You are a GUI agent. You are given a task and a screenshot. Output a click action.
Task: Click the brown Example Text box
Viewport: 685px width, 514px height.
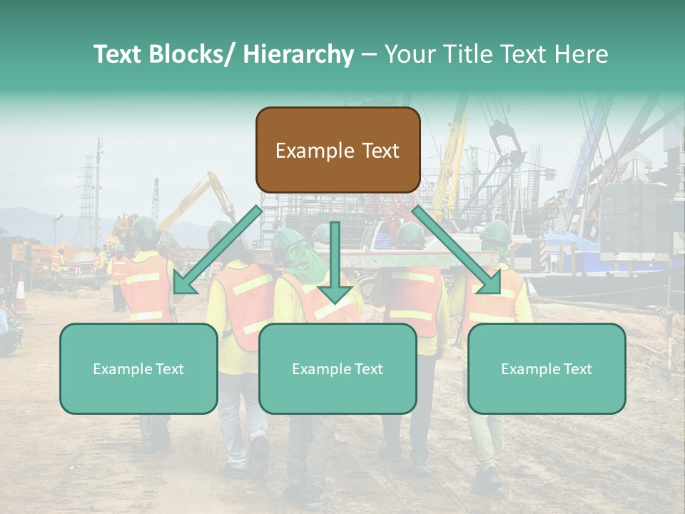[338, 150]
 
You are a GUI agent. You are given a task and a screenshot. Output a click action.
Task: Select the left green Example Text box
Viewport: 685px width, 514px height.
[138, 368]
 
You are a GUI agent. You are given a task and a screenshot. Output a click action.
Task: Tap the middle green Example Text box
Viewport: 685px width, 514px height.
[338, 368]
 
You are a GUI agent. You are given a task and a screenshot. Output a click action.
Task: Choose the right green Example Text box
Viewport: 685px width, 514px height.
[547, 368]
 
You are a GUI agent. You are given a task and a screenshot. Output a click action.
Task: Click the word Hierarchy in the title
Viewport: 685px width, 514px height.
[298, 54]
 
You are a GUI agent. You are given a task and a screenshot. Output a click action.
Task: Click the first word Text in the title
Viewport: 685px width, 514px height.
[120, 54]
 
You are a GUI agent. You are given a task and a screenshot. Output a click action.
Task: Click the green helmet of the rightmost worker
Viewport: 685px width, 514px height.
[495, 232]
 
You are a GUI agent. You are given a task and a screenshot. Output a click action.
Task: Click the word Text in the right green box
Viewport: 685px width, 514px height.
[577, 368]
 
